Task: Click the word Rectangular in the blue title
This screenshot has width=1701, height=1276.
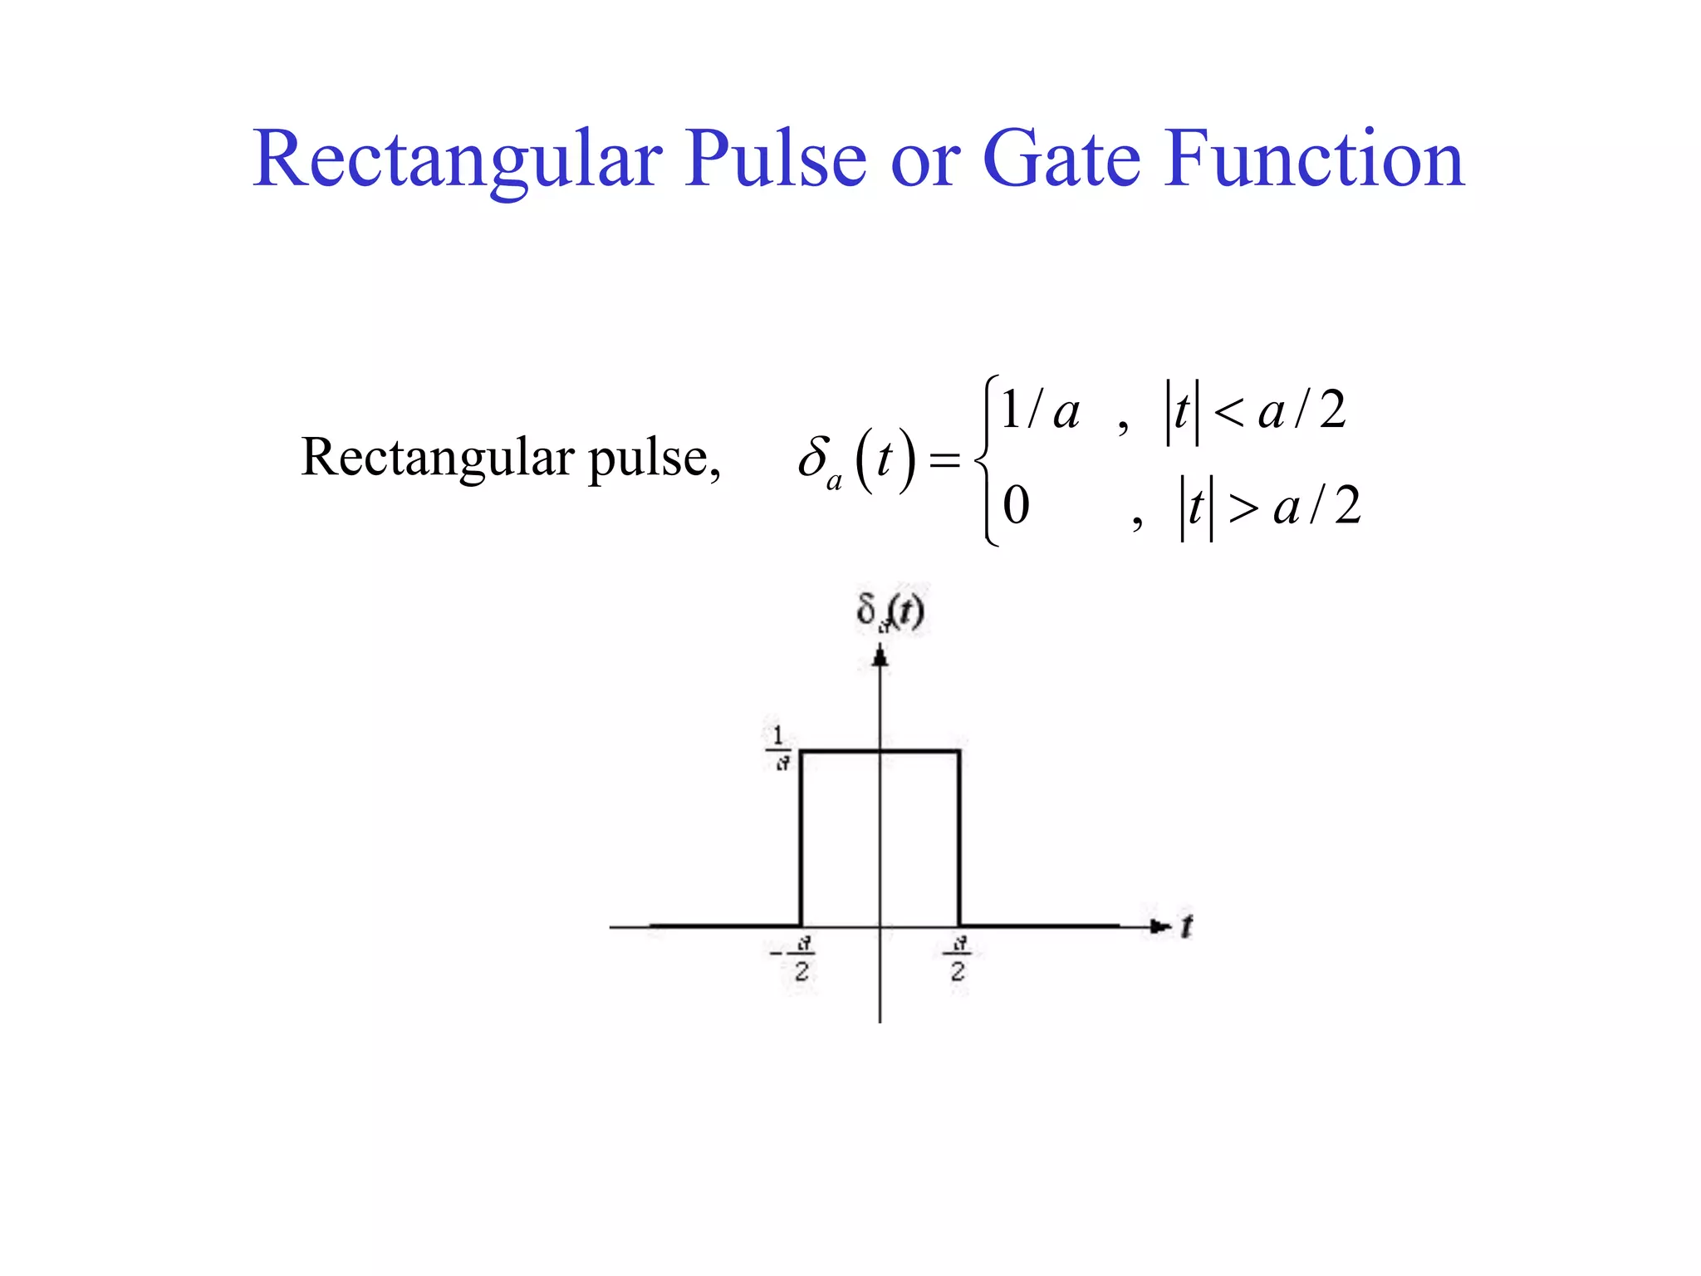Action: coord(457,159)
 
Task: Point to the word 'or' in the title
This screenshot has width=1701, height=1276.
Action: coord(925,164)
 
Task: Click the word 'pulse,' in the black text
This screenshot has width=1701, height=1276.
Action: coord(654,459)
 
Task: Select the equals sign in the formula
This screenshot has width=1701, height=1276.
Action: coord(944,459)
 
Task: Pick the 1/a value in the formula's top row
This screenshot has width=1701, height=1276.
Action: coord(1039,410)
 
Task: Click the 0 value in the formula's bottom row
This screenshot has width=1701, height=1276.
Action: coord(1016,505)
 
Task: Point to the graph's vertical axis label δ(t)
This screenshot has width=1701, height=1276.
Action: coord(890,612)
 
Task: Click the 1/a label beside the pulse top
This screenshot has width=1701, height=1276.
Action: coord(779,748)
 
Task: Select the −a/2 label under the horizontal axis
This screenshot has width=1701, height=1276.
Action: coord(796,958)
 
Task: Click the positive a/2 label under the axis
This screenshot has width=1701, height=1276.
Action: coord(958,958)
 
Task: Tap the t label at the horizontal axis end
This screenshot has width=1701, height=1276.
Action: coord(1187,925)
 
